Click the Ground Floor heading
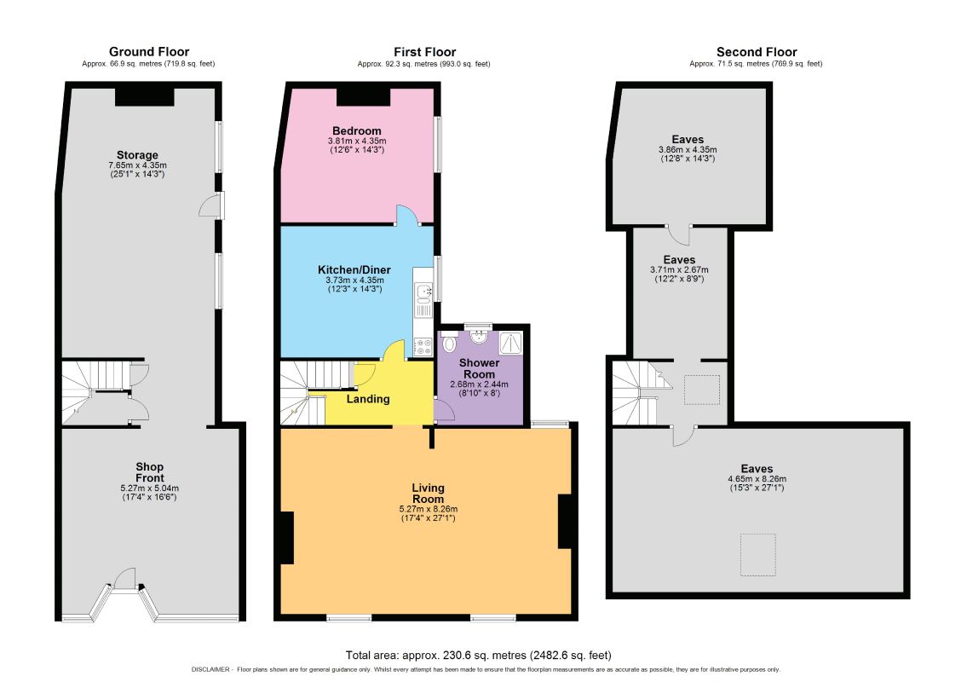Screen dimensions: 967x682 click(149, 52)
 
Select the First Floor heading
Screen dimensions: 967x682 click(425, 52)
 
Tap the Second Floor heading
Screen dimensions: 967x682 click(757, 52)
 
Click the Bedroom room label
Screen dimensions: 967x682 click(356, 130)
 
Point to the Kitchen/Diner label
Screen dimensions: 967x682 click(354, 269)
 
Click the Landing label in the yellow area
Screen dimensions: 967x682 click(368, 399)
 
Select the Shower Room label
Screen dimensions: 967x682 click(479, 368)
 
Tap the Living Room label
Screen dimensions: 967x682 click(428, 493)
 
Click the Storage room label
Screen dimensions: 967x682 click(137, 155)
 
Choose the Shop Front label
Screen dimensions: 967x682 click(150, 472)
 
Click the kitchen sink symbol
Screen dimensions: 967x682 click(423, 290)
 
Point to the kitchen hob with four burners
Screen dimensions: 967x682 click(423, 347)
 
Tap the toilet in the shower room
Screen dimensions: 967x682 click(450, 343)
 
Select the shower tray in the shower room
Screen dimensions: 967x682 click(510, 344)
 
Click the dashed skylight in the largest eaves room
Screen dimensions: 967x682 click(758, 556)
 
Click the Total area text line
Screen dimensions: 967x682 click(479, 655)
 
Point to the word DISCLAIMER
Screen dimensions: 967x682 click(210, 670)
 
